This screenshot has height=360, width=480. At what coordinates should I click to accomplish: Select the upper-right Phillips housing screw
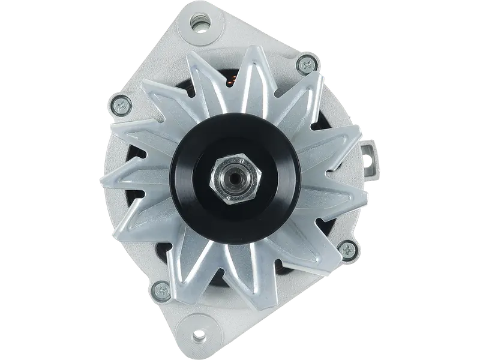pyautogui.click(x=308, y=62)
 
